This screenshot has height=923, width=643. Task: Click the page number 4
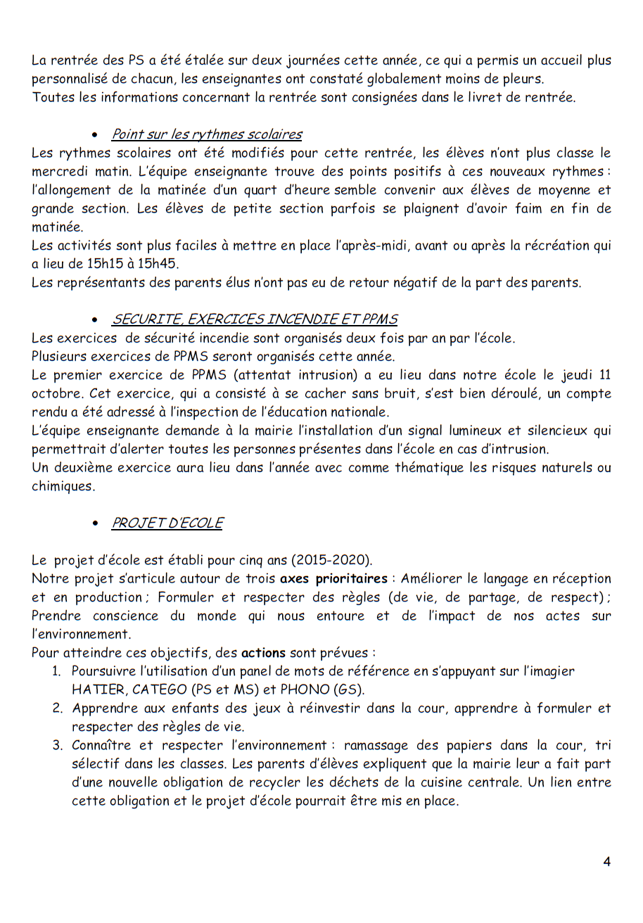(x=606, y=862)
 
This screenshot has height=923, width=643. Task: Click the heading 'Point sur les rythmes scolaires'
(x=207, y=134)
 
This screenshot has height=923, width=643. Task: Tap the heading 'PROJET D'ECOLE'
(x=167, y=523)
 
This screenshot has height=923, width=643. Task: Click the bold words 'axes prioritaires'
(x=333, y=578)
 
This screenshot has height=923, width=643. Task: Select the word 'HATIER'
(x=95, y=689)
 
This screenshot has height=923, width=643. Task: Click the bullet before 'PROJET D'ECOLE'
(x=95, y=523)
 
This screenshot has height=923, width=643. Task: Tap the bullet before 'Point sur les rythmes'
(x=95, y=135)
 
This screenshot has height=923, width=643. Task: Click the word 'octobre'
(x=54, y=393)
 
